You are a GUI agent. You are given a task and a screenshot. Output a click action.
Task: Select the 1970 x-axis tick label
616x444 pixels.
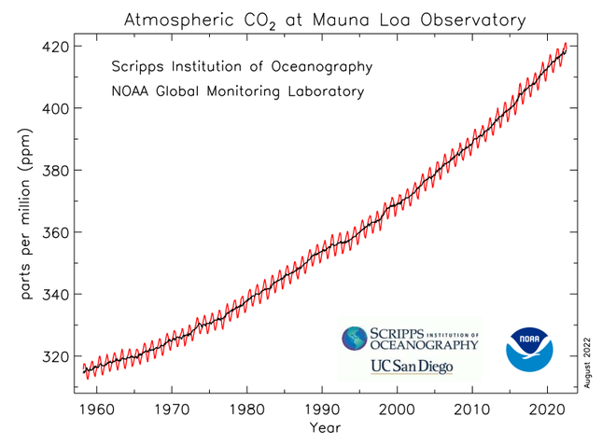(172, 409)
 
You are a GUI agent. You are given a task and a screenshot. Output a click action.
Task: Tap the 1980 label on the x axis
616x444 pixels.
(247, 409)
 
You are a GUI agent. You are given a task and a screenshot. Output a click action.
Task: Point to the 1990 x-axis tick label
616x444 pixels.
(322, 409)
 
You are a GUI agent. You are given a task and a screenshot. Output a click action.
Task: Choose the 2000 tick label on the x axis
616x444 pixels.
(398, 409)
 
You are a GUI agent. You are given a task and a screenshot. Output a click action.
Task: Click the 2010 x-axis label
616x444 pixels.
(472, 409)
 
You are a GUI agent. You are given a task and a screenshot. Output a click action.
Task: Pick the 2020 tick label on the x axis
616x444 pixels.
(548, 409)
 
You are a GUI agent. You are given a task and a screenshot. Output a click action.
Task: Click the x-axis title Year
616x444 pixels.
(325, 428)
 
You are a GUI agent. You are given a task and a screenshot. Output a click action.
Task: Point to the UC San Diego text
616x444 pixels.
(412, 366)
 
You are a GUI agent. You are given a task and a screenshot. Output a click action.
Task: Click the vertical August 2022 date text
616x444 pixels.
(588, 358)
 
